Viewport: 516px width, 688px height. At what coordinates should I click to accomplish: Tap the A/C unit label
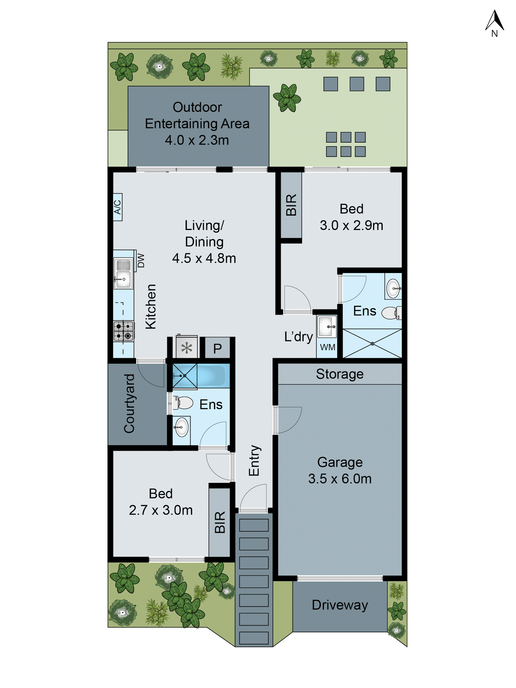pos(117,207)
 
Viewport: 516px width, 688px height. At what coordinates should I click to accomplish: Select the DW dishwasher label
pos(141,260)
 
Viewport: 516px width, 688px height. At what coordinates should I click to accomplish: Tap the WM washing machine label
pos(327,347)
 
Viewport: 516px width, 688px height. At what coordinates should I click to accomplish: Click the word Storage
pos(340,374)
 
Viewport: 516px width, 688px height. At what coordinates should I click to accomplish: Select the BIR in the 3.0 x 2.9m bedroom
pos(291,205)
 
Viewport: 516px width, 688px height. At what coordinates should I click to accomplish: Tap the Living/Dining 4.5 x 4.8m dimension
pos(204,258)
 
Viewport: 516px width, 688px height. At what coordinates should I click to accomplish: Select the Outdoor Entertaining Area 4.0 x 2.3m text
pos(197,124)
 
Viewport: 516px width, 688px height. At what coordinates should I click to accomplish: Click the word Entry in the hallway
pos(254,460)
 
